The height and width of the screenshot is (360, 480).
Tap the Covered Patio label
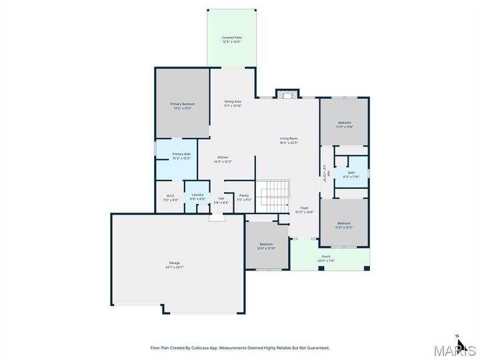click(231, 37)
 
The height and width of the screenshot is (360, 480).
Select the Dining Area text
click(232, 101)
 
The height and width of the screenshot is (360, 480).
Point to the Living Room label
click(289, 139)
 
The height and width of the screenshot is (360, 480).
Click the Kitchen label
click(222, 157)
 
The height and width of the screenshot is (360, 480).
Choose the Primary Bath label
click(181, 154)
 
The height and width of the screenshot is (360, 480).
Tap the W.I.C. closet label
click(170, 196)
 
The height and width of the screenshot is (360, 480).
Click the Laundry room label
click(197, 196)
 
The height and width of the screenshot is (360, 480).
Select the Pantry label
click(244, 196)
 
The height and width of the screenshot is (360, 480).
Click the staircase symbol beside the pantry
click(273, 193)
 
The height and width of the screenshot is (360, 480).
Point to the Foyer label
click(304, 208)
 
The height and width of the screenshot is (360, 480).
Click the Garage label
click(175, 263)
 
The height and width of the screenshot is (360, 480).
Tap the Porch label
click(326, 256)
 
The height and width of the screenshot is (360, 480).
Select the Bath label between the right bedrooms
click(351, 172)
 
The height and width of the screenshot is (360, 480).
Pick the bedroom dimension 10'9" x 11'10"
click(267, 249)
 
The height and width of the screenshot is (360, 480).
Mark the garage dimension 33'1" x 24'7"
click(175, 267)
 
